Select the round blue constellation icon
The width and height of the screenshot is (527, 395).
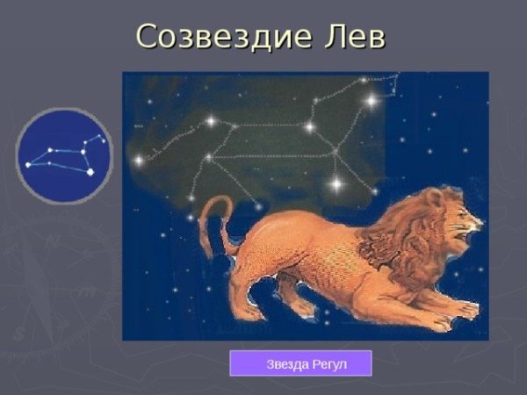tap(64, 155)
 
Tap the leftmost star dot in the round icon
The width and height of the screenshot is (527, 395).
tap(28, 164)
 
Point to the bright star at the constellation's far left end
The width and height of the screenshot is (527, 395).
tap(138, 160)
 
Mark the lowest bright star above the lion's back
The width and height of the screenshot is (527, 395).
tap(336, 184)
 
